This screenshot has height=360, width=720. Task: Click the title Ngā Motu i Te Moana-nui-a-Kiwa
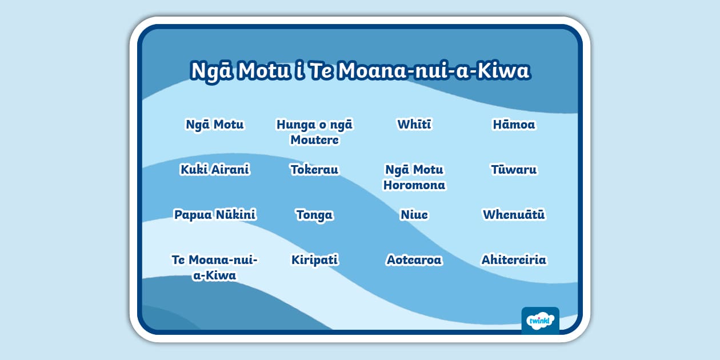[x=360, y=71]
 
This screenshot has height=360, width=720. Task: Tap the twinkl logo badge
[x=540, y=321]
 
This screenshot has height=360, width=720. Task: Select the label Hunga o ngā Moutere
[x=314, y=132]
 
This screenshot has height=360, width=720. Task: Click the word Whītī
[x=414, y=125]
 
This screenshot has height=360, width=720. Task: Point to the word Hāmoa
[x=514, y=125]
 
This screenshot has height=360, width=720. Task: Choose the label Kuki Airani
[x=215, y=170]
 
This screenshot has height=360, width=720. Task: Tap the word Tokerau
[x=314, y=170]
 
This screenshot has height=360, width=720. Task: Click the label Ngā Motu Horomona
[x=414, y=177]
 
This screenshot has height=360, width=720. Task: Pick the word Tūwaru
[x=514, y=170]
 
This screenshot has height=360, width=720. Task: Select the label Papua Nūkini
[x=215, y=215]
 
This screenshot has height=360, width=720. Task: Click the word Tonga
[x=314, y=215]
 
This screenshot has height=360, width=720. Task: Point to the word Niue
[x=414, y=215]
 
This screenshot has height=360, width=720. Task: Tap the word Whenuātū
[x=514, y=215]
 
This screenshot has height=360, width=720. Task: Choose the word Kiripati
[x=314, y=260]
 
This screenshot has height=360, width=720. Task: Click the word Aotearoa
[x=414, y=260]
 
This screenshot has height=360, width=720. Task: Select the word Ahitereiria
[x=514, y=260]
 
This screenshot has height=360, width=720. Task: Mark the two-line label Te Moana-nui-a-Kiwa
[x=215, y=267]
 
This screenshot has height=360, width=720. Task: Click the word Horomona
[x=414, y=185]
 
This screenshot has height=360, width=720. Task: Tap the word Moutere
[x=314, y=140]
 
